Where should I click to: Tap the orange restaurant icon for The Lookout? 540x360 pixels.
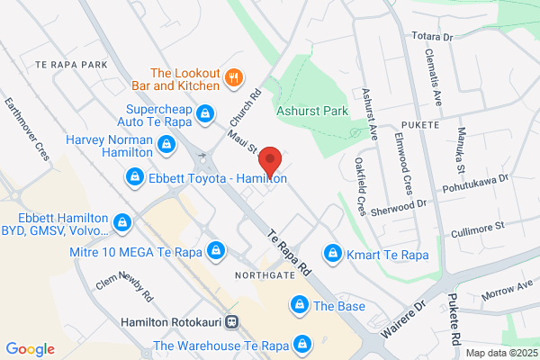[x=234, y=76]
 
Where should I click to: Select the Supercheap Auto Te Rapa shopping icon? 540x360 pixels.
[x=206, y=113]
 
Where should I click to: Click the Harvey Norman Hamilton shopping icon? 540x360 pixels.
[x=166, y=144]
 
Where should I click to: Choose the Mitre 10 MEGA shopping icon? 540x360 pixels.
[x=215, y=249]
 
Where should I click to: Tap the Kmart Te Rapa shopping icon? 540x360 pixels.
[x=333, y=254]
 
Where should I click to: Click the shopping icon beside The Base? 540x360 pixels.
[x=297, y=307]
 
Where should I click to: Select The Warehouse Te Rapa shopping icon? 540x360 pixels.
[x=303, y=344]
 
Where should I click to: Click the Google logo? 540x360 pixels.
[x=30, y=349]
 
